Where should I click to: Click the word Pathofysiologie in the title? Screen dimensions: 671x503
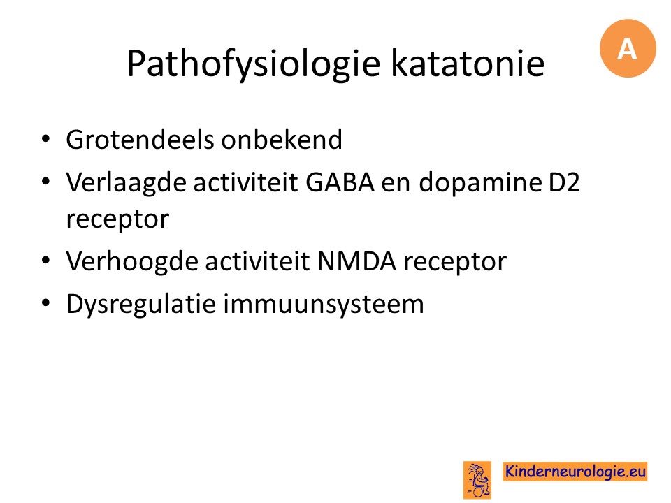253,64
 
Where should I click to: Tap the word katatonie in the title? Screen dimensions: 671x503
468,64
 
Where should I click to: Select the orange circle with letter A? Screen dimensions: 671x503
628,48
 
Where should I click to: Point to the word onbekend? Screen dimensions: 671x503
282,140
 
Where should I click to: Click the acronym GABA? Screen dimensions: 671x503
340,182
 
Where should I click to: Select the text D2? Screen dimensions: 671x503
564,182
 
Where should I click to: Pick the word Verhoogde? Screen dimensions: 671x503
131,262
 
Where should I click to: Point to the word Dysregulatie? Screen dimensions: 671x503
140,305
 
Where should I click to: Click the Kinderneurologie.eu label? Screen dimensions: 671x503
575,472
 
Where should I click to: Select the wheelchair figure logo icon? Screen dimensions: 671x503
477,479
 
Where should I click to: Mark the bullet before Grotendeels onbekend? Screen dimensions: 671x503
46,139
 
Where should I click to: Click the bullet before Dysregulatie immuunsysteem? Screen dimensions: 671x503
46,303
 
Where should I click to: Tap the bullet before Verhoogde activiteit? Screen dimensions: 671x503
46,261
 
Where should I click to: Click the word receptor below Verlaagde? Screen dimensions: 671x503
117,220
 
